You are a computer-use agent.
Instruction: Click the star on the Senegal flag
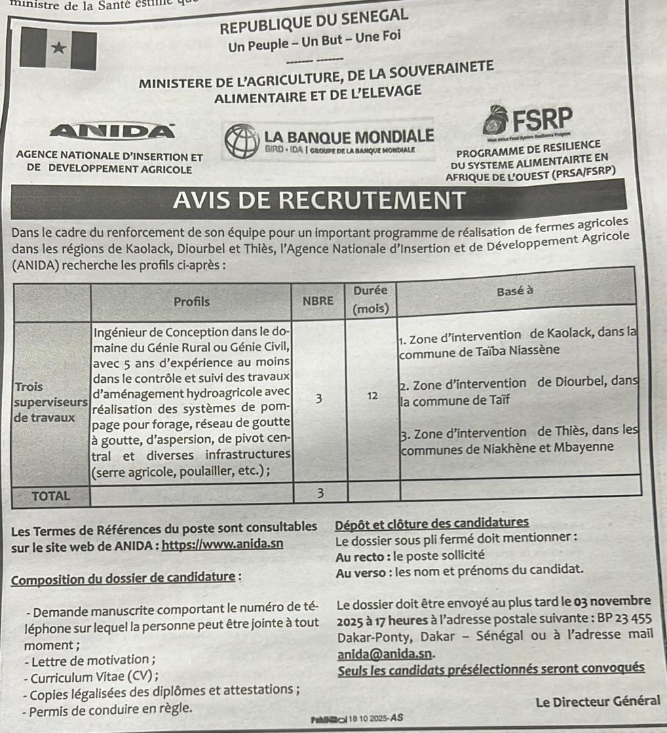point(59,48)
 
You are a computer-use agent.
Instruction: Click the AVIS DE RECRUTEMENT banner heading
point(320,201)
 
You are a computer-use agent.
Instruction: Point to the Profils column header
point(191,301)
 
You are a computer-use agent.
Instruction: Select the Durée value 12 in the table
point(372,396)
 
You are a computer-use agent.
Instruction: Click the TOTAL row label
point(52,495)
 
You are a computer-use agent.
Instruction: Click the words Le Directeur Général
point(597,701)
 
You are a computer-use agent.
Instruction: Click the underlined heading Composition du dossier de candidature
point(127,580)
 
